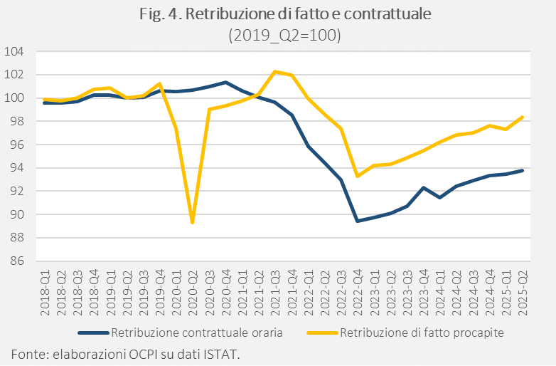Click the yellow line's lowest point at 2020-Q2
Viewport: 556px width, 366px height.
click(192, 222)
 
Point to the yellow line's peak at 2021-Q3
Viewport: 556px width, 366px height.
click(275, 71)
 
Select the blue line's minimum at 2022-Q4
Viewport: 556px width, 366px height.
click(357, 221)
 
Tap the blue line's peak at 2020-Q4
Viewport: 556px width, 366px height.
click(225, 82)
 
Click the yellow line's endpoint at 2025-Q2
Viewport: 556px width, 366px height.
click(523, 117)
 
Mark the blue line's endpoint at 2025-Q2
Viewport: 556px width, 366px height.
click(523, 170)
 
